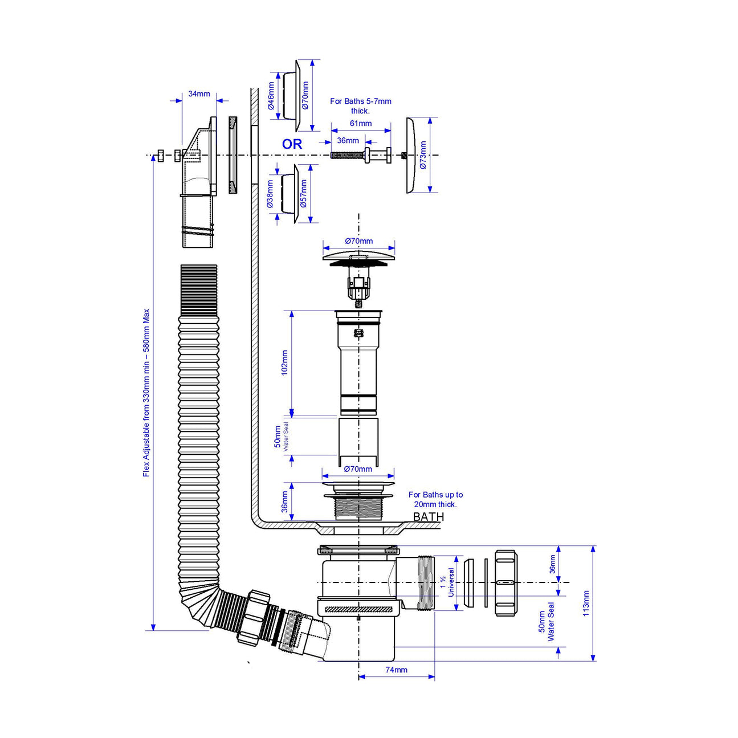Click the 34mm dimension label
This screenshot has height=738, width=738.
point(199,94)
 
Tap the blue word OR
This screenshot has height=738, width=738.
point(292,144)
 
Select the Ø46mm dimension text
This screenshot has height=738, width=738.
point(271,96)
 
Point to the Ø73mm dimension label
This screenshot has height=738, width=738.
point(422,155)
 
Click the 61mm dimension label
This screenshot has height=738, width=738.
point(360,123)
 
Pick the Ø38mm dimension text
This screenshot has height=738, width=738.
point(270,194)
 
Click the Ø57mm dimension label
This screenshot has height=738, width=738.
point(304,193)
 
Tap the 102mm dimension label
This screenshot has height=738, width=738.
point(284,362)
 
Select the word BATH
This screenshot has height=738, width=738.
point(429,517)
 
